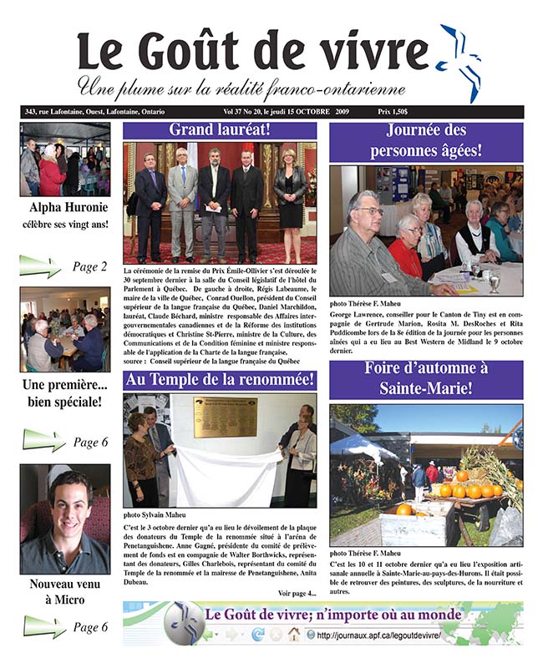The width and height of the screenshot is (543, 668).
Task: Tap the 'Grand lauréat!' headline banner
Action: pos(220,130)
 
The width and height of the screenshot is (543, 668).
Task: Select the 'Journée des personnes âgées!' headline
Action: pos(426,141)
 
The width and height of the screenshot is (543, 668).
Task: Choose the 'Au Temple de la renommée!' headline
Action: pos(220,380)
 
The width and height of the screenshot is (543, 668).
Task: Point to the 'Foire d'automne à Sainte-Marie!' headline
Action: pos(426,379)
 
